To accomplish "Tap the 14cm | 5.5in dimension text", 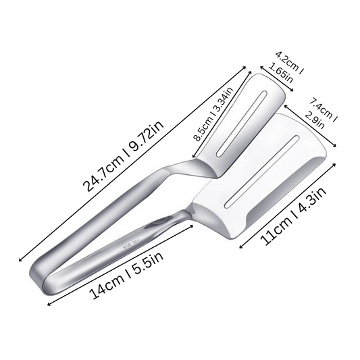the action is pyautogui.click(x=126, y=276).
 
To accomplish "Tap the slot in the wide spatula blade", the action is pyautogui.click(x=263, y=172).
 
